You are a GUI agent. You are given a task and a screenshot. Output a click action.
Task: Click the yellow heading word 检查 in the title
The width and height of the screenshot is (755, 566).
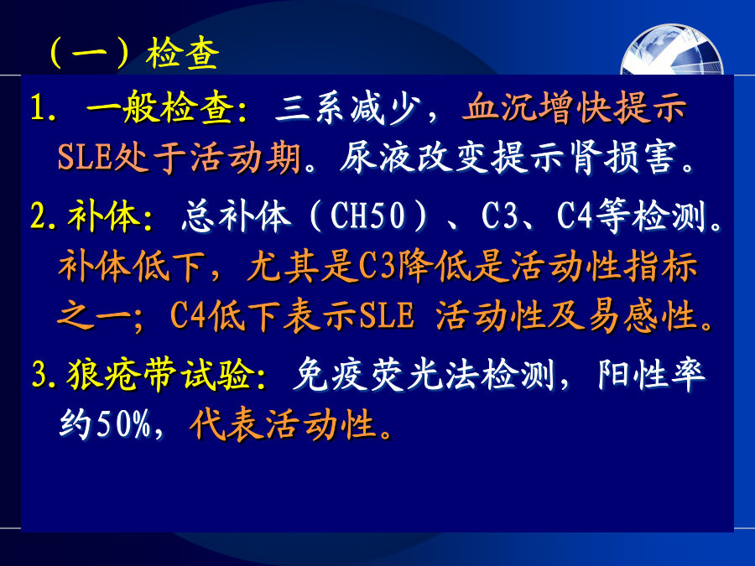pos(183,53)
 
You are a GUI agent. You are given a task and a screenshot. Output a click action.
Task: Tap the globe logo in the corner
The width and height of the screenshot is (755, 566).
pos(672,50)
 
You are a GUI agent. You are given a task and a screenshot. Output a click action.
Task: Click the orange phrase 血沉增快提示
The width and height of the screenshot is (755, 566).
pos(574,106)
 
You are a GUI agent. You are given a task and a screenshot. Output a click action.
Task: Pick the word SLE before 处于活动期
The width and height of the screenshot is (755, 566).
pos(85,157)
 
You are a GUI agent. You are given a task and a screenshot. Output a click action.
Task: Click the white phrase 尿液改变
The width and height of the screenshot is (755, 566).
pos(414,157)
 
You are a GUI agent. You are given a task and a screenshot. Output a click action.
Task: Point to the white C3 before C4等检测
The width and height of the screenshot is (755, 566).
pos(499,215)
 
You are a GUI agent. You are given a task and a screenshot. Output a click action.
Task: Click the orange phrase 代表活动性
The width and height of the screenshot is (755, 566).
pos(284,424)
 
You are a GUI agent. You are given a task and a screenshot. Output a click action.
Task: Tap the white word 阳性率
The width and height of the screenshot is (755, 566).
pos(651,374)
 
